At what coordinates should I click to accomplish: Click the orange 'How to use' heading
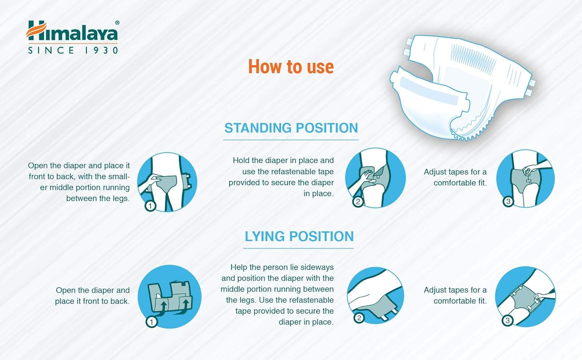pyautogui.click(x=291, y=67)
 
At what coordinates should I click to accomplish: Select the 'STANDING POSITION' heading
pyautogui.click(x=291, y=128)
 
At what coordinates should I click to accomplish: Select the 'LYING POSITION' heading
pyautogui.click(x=299, y=236)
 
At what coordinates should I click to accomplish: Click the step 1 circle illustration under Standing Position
pyautogui.click(x=167, y=182)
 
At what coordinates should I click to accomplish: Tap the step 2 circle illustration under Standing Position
pyautogui.click(x=375, y=178)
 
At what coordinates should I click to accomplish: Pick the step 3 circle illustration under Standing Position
pyautogui.click(x=525, y=178)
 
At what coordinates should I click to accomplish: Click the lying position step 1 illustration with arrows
pyautogui.click(x=170, y=296)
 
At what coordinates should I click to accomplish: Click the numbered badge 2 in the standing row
pyautogui.click(x=358, y=201)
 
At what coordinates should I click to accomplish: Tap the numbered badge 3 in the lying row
pyautogui.click(x=507, y=321)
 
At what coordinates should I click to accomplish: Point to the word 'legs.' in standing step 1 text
pyautogui.click(x=121, y=199)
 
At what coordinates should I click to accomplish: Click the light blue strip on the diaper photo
pyautogui.click(x=429, y=92)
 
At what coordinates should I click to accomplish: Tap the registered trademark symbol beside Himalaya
pyautogui.click(x=117, y=23)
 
